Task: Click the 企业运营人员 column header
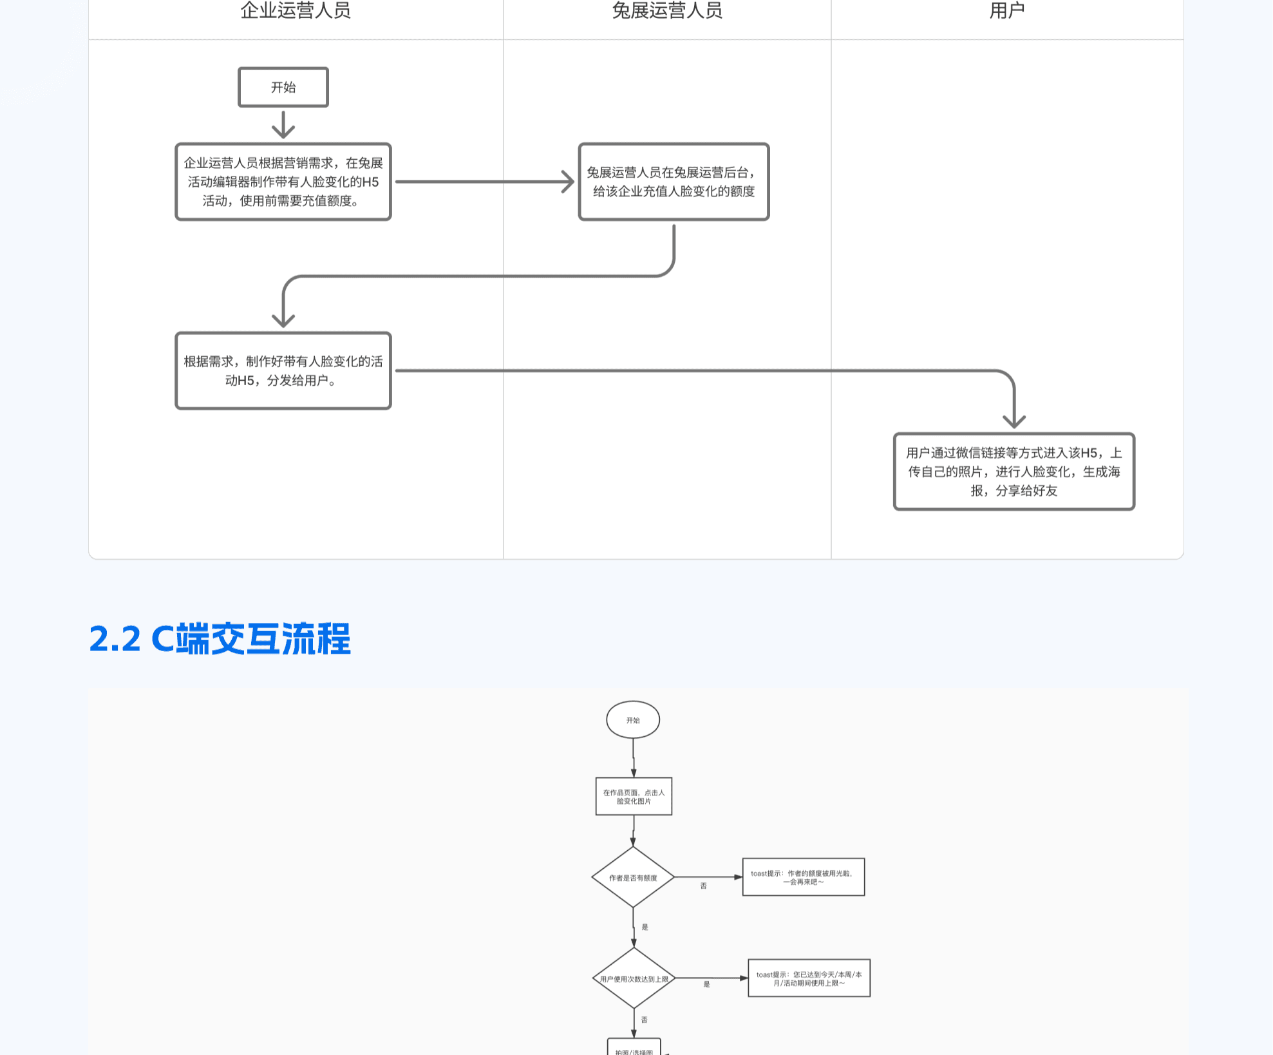pos(296,11)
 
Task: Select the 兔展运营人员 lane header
pos(667,11)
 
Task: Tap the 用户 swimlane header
pos(1007,11)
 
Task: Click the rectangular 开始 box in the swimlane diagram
pos(283,87)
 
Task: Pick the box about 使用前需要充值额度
pos(283,182)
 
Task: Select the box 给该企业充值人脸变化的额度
pos(674,182)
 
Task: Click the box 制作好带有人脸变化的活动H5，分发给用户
pos(283,370)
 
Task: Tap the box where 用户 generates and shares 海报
pos(1014,471)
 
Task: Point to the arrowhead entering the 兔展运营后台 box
pos(568,182)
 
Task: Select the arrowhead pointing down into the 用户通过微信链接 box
pos(1014,421)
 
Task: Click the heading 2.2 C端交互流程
pos(220,639)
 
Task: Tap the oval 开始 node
pos(633,720)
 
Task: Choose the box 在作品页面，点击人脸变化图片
pos(634,797)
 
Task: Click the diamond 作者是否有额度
pos(633,877)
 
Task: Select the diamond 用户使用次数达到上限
pos(634,978)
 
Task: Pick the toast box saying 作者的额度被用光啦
pos(803,877)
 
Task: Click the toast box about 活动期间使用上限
pos(809,978)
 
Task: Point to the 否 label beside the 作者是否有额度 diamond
pos(704,886)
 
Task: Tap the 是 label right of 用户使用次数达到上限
pos(706,984)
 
